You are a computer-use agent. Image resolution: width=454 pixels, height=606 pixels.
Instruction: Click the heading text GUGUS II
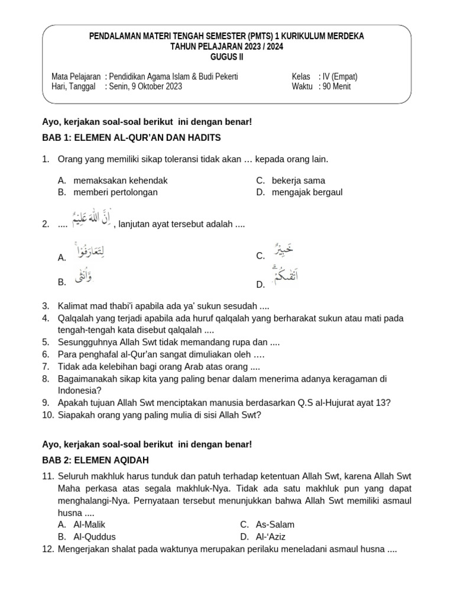tap(226, 57)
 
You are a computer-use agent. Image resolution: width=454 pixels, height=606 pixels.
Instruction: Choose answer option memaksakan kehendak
tap(121, 180)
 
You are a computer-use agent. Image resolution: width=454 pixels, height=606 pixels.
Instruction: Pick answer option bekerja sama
tap(299, 180)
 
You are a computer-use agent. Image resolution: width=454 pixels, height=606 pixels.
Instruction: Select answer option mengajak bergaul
tap(307, 192)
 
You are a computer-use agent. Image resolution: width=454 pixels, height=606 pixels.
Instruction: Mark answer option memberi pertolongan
tap(115, 192)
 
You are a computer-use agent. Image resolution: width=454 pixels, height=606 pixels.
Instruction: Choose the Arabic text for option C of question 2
tap(283, 251)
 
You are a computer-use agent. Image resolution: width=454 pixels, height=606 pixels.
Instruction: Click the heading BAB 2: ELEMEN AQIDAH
tap(103, 460)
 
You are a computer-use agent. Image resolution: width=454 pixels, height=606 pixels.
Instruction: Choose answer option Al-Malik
tap(89, 524)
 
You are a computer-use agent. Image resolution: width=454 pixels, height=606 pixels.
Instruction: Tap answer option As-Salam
tap(275, 524)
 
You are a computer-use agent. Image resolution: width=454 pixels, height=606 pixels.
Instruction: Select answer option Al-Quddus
tap(95, 537)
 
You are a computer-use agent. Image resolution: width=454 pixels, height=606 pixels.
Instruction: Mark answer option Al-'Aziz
tap(271, 537)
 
